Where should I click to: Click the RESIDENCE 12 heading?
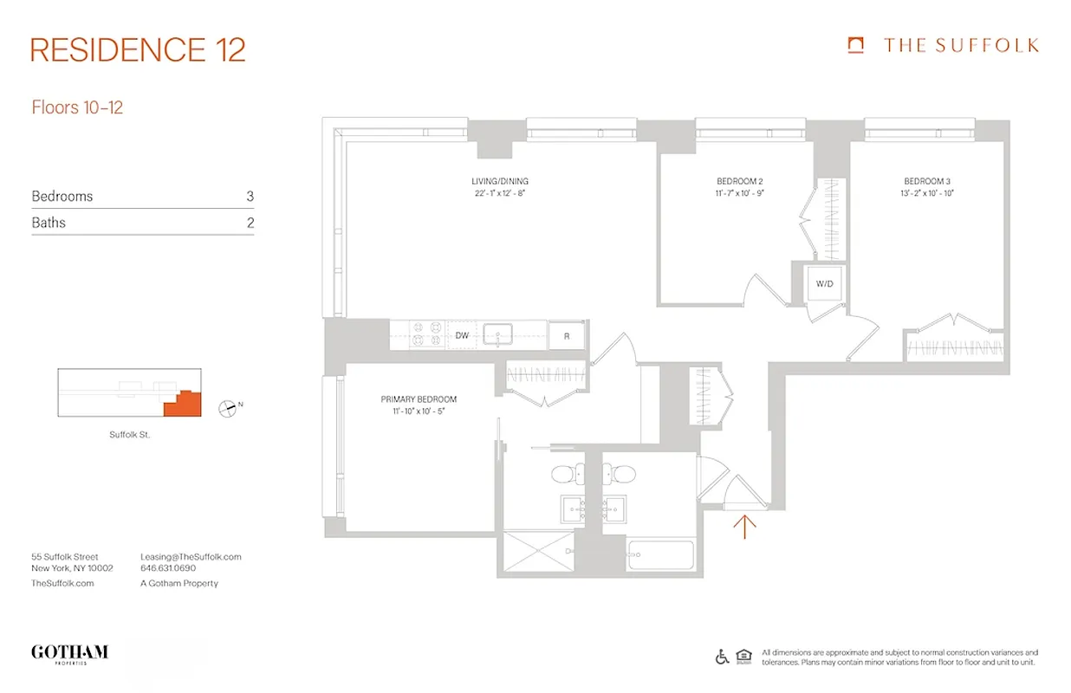[138, 49]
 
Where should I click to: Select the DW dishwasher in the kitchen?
[461, 334]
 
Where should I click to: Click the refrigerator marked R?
[567, 335]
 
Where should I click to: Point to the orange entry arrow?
[745, 526]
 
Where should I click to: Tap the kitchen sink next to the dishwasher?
[498, 334]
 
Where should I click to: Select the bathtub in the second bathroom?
[660, 555]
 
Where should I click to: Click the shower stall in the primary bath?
[536, 552]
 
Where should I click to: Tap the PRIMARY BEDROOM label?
[419, 399]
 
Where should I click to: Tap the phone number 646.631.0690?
[168, 569]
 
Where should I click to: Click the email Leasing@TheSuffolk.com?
[191, 557]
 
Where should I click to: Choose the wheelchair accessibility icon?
[722, 657]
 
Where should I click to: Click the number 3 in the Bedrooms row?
[250, 197]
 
